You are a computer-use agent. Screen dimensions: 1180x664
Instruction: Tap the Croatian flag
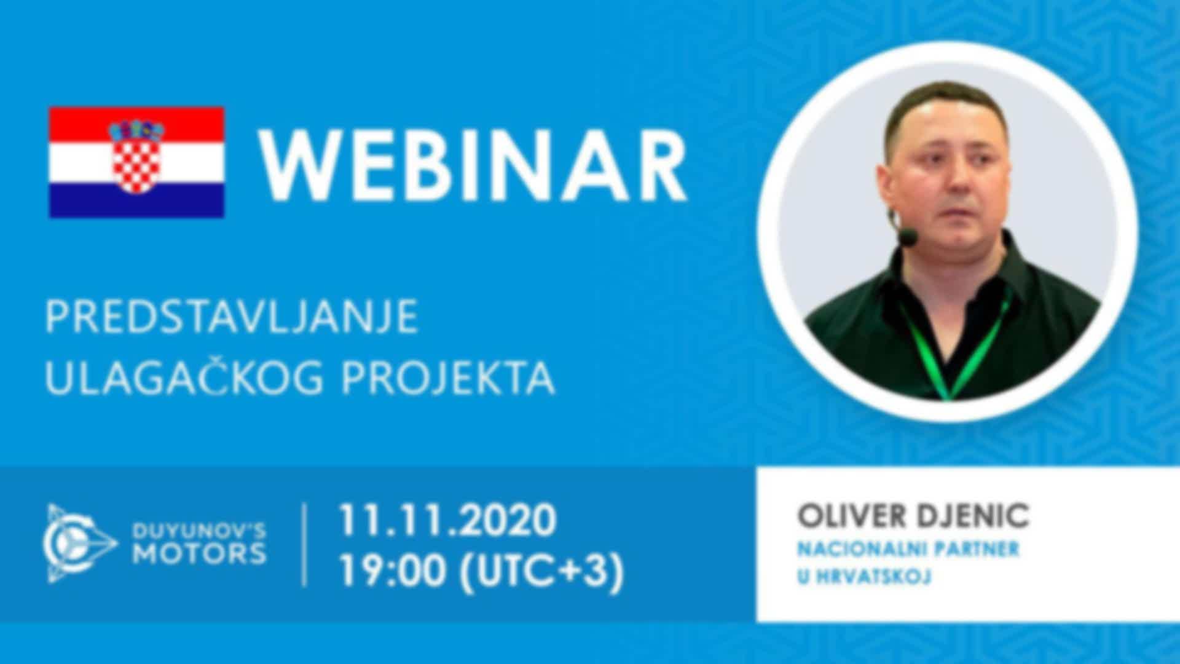136,162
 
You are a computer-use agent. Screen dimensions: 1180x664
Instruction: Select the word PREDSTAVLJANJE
231,317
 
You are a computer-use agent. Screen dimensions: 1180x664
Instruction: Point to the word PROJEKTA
447,376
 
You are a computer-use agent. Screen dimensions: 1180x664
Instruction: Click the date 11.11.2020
447,520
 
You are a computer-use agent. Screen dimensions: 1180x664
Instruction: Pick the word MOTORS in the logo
200,554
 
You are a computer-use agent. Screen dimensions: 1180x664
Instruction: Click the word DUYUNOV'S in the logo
200,530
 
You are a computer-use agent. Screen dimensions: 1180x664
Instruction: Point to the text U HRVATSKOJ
864,577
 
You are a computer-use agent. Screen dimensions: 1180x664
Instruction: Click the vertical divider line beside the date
305,544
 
